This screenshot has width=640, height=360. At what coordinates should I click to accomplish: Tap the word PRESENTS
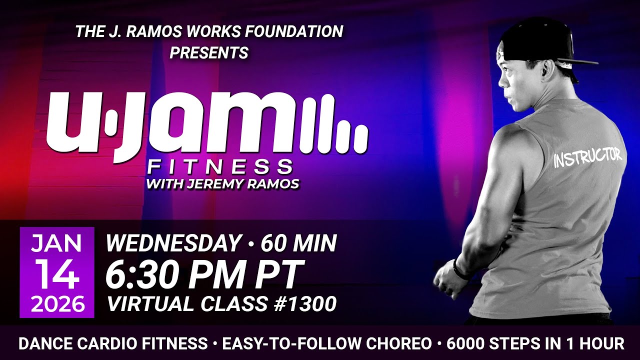tap(209, 52)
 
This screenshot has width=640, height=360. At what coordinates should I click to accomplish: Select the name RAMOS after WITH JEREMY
tap(274, 183)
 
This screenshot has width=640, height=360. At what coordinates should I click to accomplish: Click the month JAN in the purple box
tap(56, 243)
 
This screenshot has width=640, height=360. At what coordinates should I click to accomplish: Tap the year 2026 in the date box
tap(56, 303)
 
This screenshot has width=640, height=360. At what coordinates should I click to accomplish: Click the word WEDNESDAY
tap(173, 243)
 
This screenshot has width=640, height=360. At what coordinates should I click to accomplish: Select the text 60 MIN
tap(298, 243)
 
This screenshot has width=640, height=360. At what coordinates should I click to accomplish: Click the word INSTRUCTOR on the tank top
tap(587, 157)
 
